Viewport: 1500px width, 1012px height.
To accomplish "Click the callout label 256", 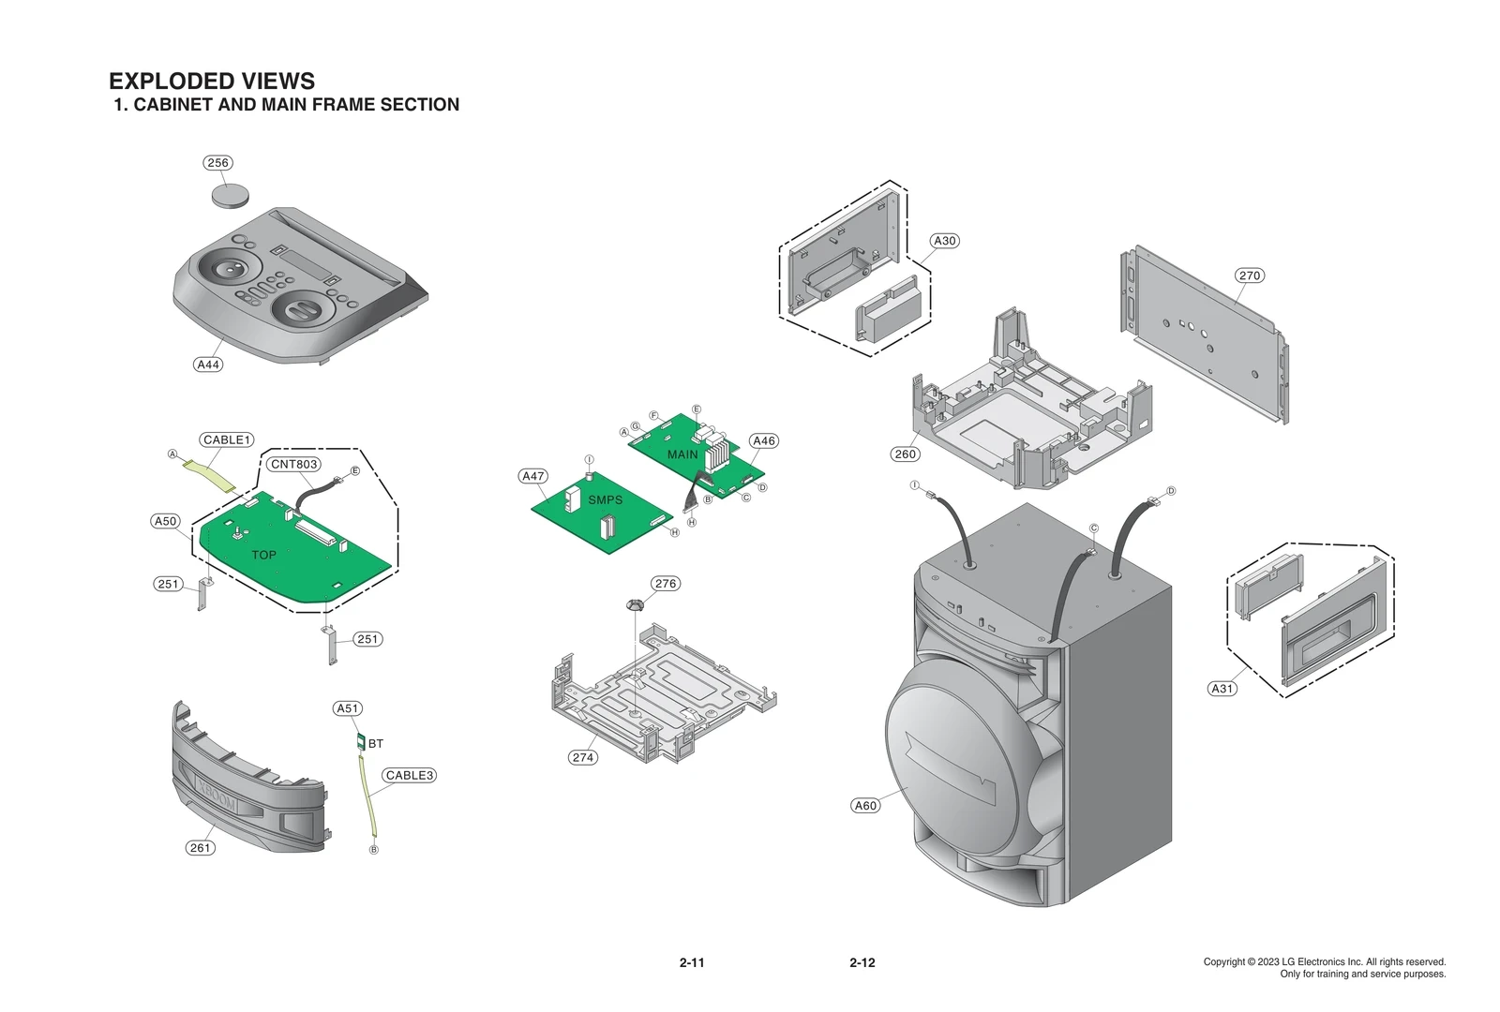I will click(217, 163).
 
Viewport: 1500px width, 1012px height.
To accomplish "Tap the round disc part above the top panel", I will click(231, 195).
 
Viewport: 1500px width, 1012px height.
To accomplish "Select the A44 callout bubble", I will click(208, 365).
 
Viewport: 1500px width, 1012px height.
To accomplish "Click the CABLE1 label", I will click(227, 439).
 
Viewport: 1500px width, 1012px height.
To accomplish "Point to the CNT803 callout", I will click(294, 464).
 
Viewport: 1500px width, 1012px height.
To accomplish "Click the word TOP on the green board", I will click(263, 555).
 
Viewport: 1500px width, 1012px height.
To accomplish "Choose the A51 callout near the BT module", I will click(348, 708).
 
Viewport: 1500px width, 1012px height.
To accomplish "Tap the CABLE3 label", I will click(410, 775).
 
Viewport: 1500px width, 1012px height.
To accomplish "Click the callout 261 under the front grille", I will click(201, 847).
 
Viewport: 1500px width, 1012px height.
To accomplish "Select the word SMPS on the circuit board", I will click(605, 499).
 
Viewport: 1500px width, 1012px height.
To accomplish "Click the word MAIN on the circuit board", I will click(682, 454).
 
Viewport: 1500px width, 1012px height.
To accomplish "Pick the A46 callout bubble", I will click(764, 440).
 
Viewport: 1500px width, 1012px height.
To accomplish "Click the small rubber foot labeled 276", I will click(636, 604).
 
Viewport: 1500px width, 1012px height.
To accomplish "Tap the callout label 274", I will click(583, 757).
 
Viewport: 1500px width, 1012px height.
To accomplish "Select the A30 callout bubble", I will click(945, 241).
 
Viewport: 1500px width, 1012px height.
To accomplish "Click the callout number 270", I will click(1250, 275).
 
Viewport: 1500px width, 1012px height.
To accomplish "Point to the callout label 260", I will click(905, 454).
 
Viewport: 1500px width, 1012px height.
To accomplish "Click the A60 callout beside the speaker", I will click(865, 805).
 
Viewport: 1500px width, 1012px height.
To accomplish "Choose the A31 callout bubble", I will click(1222, 688).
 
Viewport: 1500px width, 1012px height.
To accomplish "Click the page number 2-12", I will click(862, 962).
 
